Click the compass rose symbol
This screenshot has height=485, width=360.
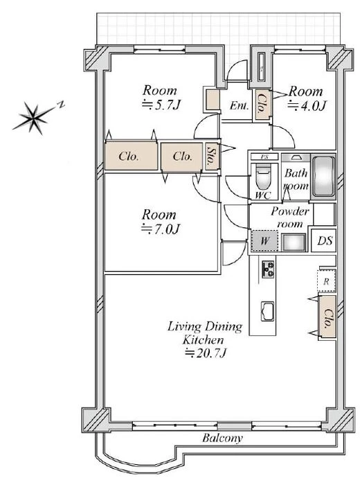coord(33,117)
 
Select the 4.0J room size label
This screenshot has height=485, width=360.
coord(307,106)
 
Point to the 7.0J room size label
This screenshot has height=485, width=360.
coord(161,229)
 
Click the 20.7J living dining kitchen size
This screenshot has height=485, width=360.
coord(206,353)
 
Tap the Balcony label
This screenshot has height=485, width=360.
coord(222,438)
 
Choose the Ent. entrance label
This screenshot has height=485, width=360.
coord(239,106)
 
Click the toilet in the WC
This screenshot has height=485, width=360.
coord(263,179)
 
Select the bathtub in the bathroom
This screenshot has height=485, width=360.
coord(323,177)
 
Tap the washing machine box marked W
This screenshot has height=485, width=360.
coord(264,241)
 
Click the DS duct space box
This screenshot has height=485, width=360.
coord(325,240)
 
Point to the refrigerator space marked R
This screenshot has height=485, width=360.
coord(326,281)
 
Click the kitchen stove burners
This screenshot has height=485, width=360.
coord(268,270)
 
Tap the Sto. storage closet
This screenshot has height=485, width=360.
coord(212,157)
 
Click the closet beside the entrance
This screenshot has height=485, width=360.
coord(262,105)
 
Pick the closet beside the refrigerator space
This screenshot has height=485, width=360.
coord(327,317)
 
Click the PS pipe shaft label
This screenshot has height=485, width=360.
coord(264,157)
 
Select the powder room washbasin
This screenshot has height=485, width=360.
coord(294,242)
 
